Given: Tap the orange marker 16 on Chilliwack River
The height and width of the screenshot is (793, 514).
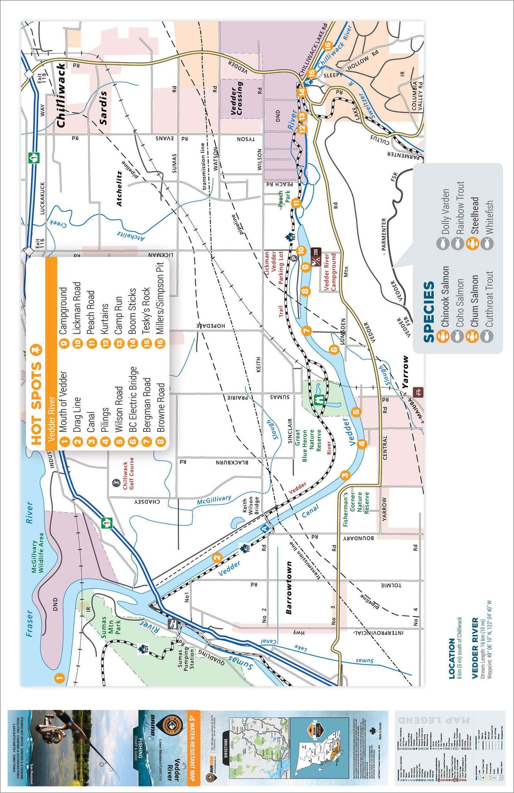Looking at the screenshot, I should pyautogui.click(x=327, y=45).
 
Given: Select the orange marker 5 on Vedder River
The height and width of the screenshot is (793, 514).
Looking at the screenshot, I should pyautogui.click(x=356, y=412).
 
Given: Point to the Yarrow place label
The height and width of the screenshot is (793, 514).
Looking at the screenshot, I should pyautogui.click(x=406, y=372).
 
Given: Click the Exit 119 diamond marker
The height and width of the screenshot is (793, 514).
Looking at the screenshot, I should pyautogui.click(x=29, y=74).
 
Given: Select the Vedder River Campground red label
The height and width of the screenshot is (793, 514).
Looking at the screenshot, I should pyautogui.click(x=330, y=272).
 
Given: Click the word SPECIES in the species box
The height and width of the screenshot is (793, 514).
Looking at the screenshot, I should pyautogui.click(x=428, y=312).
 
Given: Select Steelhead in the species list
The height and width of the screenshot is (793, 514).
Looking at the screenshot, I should pyautogui.click(x=475, y=216).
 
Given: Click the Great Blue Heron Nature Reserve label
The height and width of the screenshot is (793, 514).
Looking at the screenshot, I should pyautogui.click(x=311, y=446).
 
